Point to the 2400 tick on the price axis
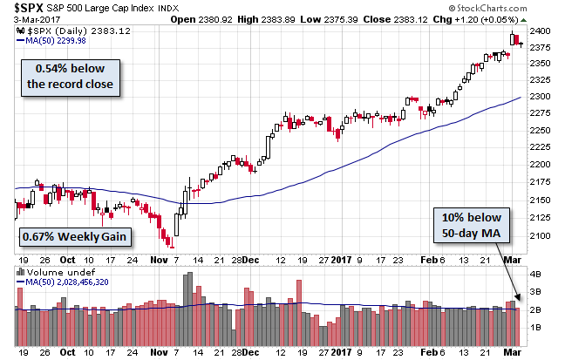(540, 31)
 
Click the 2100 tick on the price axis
(540, 235)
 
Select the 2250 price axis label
(540, 133)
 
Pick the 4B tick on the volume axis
(534, 272)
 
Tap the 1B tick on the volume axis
(534, 327)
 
